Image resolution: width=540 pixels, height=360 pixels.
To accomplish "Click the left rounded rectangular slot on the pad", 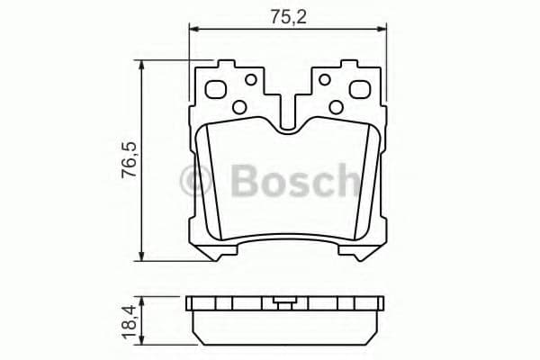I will pos(217,90).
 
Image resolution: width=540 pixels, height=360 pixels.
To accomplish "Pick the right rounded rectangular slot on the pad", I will pos(358,90).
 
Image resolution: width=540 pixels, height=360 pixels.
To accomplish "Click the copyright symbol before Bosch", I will pos(196,181).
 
